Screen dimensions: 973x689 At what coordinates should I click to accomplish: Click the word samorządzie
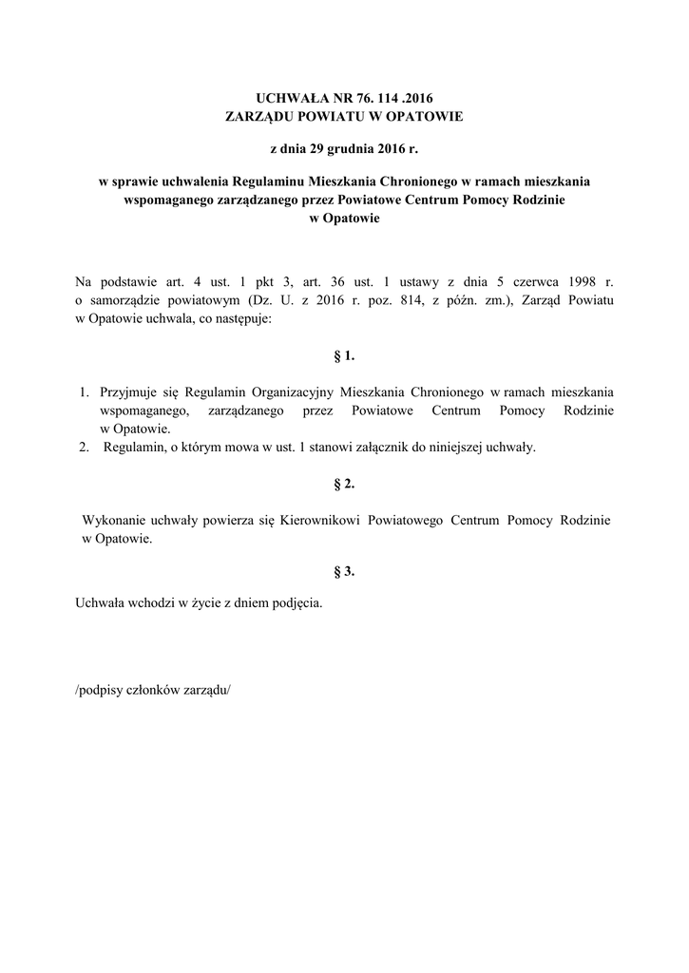coord(126,301)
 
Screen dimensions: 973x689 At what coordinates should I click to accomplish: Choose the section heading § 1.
coord(344,356)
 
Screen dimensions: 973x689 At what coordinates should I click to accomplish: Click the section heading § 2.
coord(344,485)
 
